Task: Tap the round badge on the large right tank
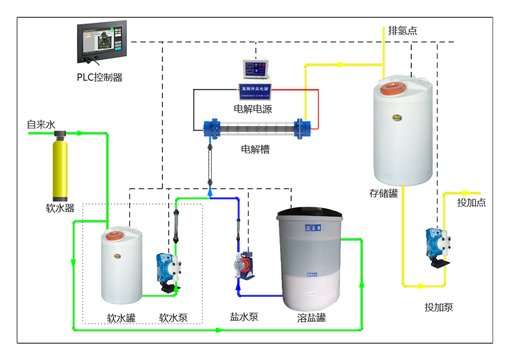coord(395,117)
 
